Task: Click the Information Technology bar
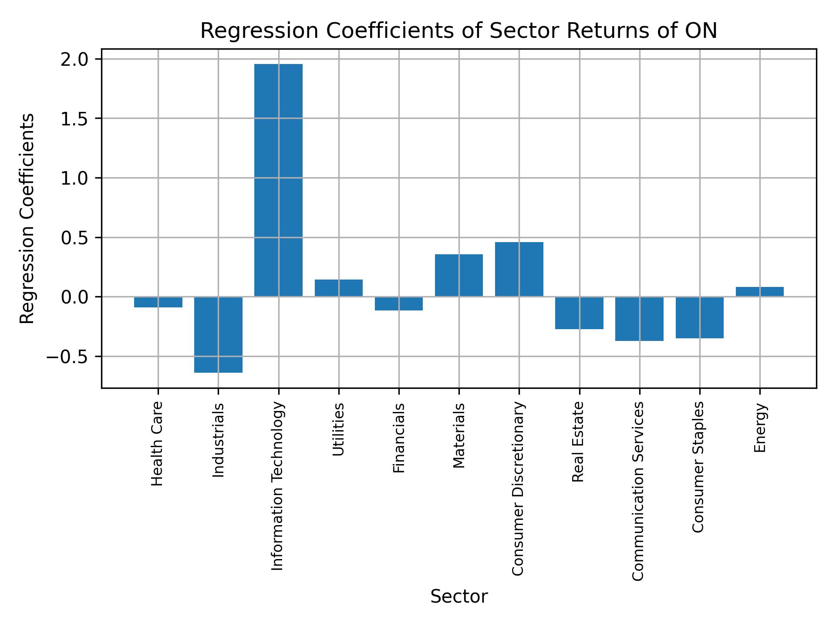coord(278,180)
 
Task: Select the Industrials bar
coord(218,334)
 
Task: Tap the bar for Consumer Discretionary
coord(519,269)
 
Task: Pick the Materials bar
coord(459,275)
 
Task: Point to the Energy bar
coord(760,292)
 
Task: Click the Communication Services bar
coord(639,319)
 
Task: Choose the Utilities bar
coord(339,288)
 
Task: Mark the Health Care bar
coord(158,302)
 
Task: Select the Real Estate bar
coord(579,313)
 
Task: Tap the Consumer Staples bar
coord(700,317)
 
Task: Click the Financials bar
coord(399,303)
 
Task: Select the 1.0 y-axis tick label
coord(74,178)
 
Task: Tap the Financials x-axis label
coord(399,438)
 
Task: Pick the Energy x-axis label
coord(760,428)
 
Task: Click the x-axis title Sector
coord(459,597)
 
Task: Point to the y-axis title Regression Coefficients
coord(27,219)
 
